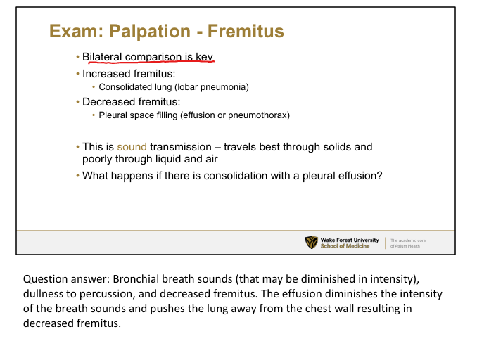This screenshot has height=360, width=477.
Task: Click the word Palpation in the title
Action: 150,32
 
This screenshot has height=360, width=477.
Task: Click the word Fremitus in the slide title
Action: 246,31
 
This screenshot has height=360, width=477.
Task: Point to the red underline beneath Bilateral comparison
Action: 151,63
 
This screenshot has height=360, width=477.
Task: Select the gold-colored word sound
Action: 132,147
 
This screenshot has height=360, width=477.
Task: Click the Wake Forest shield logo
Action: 311,243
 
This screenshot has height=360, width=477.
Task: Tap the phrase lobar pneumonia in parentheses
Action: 212,87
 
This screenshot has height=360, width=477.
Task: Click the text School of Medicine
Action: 345,246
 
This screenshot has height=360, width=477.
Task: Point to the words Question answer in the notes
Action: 67,279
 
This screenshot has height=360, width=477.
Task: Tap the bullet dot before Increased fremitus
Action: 77,74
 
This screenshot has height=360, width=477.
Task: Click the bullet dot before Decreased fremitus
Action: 77,102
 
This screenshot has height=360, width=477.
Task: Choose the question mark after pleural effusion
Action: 379,176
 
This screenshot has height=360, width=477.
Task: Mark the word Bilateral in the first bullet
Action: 102,57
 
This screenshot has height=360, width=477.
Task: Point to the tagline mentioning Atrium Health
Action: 408,243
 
